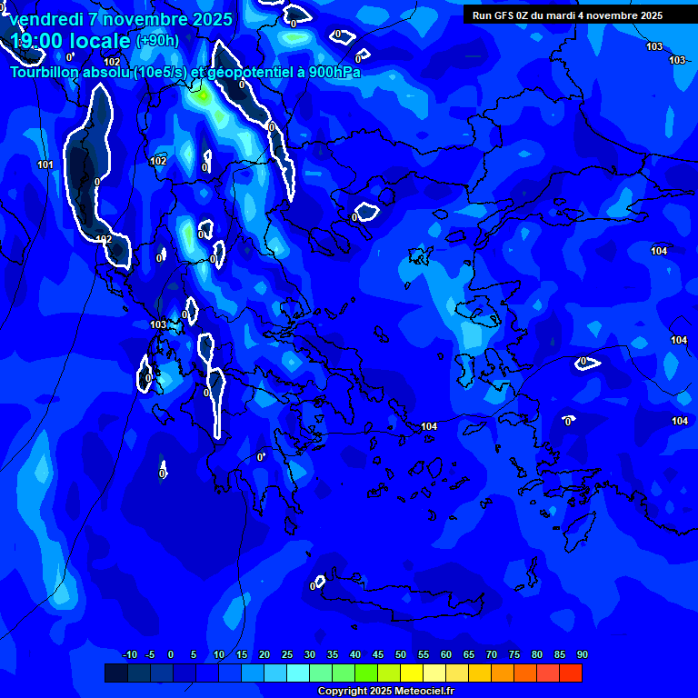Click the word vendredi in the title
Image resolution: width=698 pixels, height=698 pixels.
(45, 19)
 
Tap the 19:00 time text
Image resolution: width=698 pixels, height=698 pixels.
(41, 41)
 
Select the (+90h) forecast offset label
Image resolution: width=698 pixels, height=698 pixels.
(157, 41)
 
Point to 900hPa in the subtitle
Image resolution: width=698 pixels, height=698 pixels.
(334, 73)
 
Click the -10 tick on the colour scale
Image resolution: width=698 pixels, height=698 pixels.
(130, 655)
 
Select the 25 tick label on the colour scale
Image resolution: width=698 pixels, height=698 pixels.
(286, 655)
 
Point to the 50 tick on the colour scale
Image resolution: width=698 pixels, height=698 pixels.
(400, 655)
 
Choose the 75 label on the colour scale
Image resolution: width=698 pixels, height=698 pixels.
(514, 655)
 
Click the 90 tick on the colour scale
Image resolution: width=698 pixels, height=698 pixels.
(582, 655)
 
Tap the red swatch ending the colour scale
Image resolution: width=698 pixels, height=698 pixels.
(571, 673)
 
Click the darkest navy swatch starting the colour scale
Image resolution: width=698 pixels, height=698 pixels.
(115, 673)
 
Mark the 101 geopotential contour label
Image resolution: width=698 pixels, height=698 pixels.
(45, 165)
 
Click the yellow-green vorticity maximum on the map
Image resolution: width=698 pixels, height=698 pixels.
(204, 95)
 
